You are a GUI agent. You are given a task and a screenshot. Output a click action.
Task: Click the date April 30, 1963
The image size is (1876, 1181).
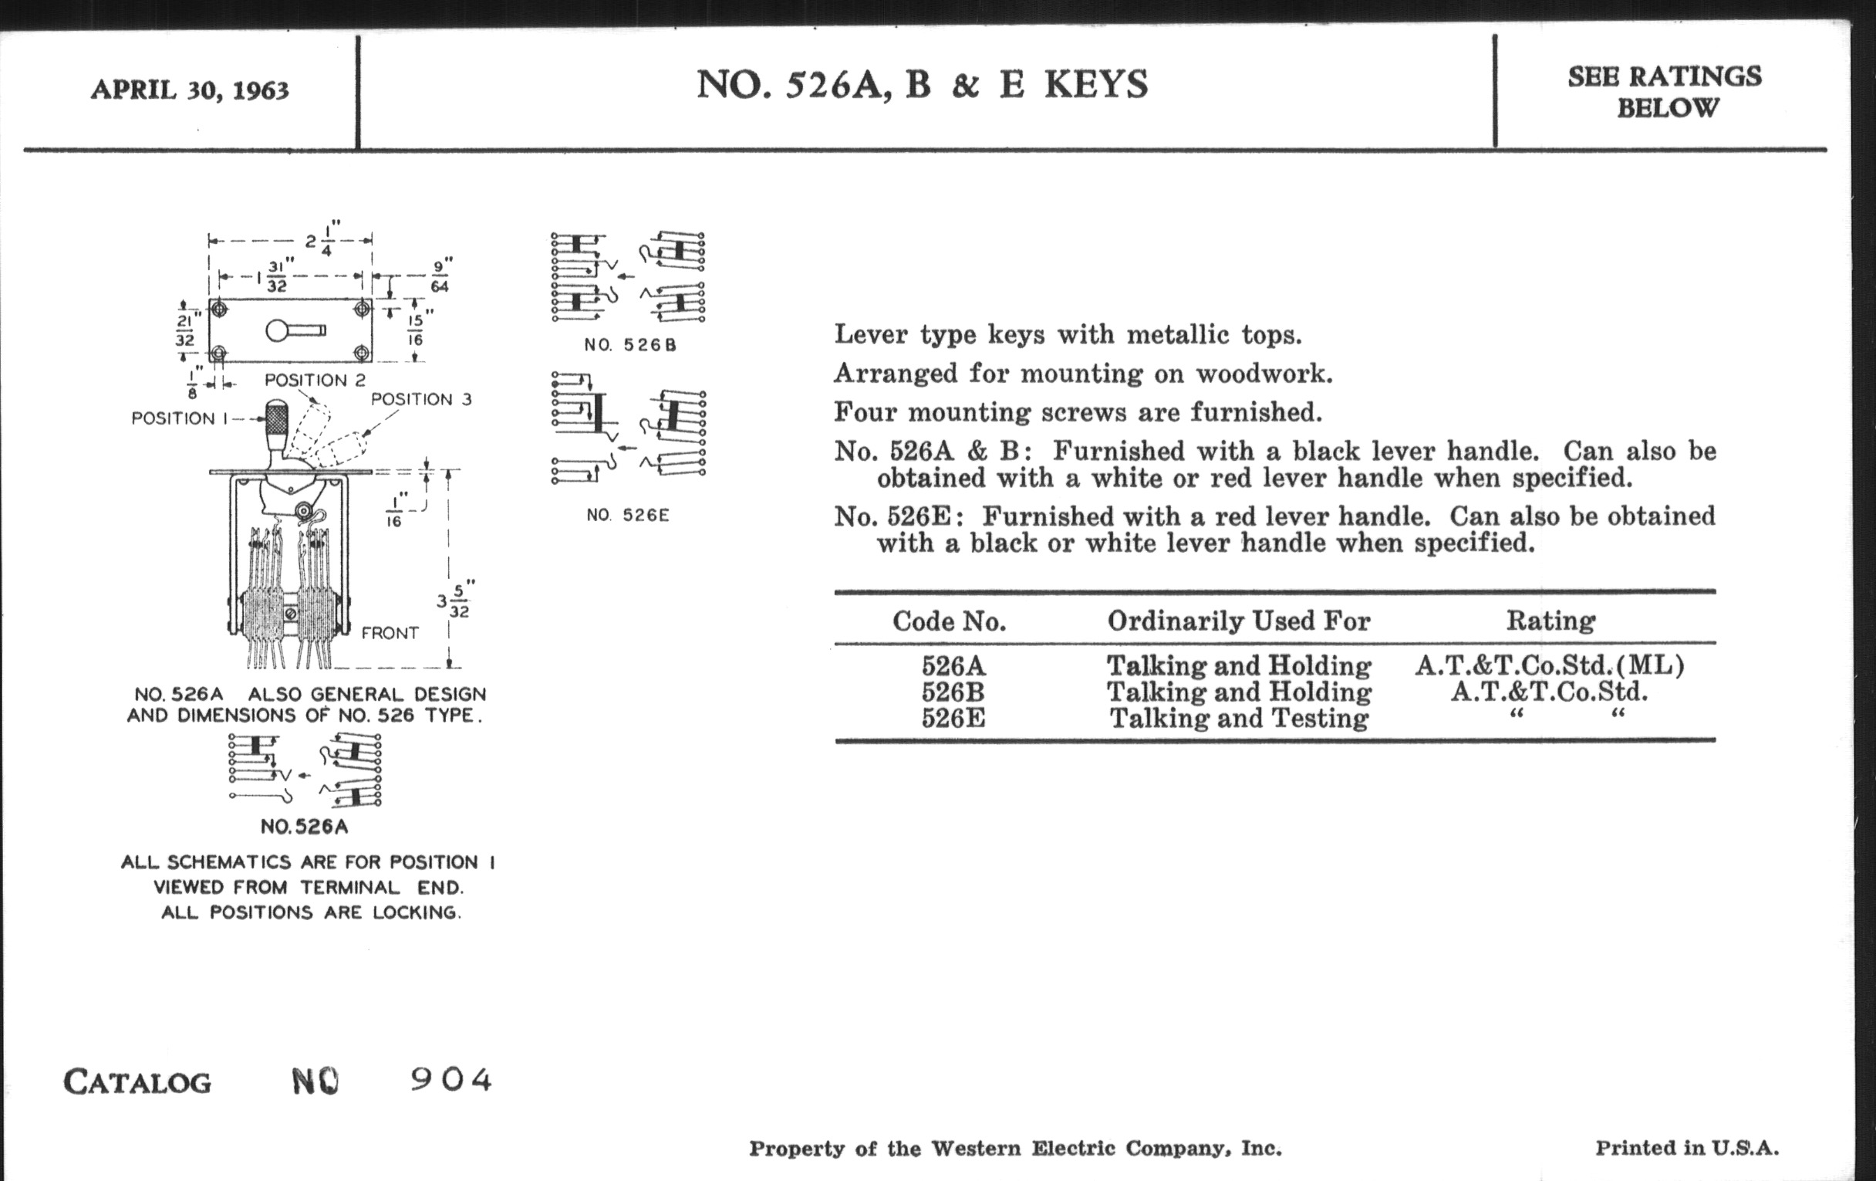pos(189,90)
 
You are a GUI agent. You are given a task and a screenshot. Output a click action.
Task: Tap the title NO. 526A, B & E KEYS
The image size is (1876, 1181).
pos(922,84)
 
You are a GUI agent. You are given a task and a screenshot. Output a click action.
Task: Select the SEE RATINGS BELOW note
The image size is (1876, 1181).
pos(1665,92)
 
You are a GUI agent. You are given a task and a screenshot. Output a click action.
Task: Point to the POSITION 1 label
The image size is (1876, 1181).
pos(180,418)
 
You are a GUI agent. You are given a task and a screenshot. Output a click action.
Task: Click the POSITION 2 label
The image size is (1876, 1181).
pos(315,381)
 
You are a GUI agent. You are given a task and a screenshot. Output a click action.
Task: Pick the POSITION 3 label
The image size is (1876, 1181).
pos(420,399)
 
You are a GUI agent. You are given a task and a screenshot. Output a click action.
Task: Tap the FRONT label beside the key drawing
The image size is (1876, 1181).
pos(390,633)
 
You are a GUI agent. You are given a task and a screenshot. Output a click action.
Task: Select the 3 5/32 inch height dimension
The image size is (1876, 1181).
pos(455,600)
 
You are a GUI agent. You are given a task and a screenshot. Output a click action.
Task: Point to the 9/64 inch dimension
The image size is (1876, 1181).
pos(440,276)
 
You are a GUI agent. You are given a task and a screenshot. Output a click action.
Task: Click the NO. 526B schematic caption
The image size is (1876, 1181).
pos(630,344)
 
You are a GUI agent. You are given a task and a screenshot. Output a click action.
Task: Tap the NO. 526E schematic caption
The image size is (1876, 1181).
pos(628,516)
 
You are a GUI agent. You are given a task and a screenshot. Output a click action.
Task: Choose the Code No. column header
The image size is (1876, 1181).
pos(949,621)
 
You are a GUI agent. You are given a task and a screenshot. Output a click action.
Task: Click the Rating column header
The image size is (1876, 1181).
pos(1550,621)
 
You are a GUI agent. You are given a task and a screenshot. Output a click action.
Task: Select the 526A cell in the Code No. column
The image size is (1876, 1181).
pos(953,665)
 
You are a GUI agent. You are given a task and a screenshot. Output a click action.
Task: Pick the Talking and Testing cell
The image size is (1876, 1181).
pos(1239,718)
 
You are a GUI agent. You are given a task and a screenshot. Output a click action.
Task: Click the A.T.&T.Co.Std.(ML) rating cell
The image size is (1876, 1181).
pos(1550,665)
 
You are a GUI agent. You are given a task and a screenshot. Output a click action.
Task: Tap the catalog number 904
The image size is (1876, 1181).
pos(451,1080)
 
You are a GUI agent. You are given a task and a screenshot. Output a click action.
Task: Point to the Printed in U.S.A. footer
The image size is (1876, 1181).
pos(1687,1148)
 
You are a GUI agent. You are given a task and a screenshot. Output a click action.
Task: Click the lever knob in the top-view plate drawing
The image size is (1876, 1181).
pos(278,330)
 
